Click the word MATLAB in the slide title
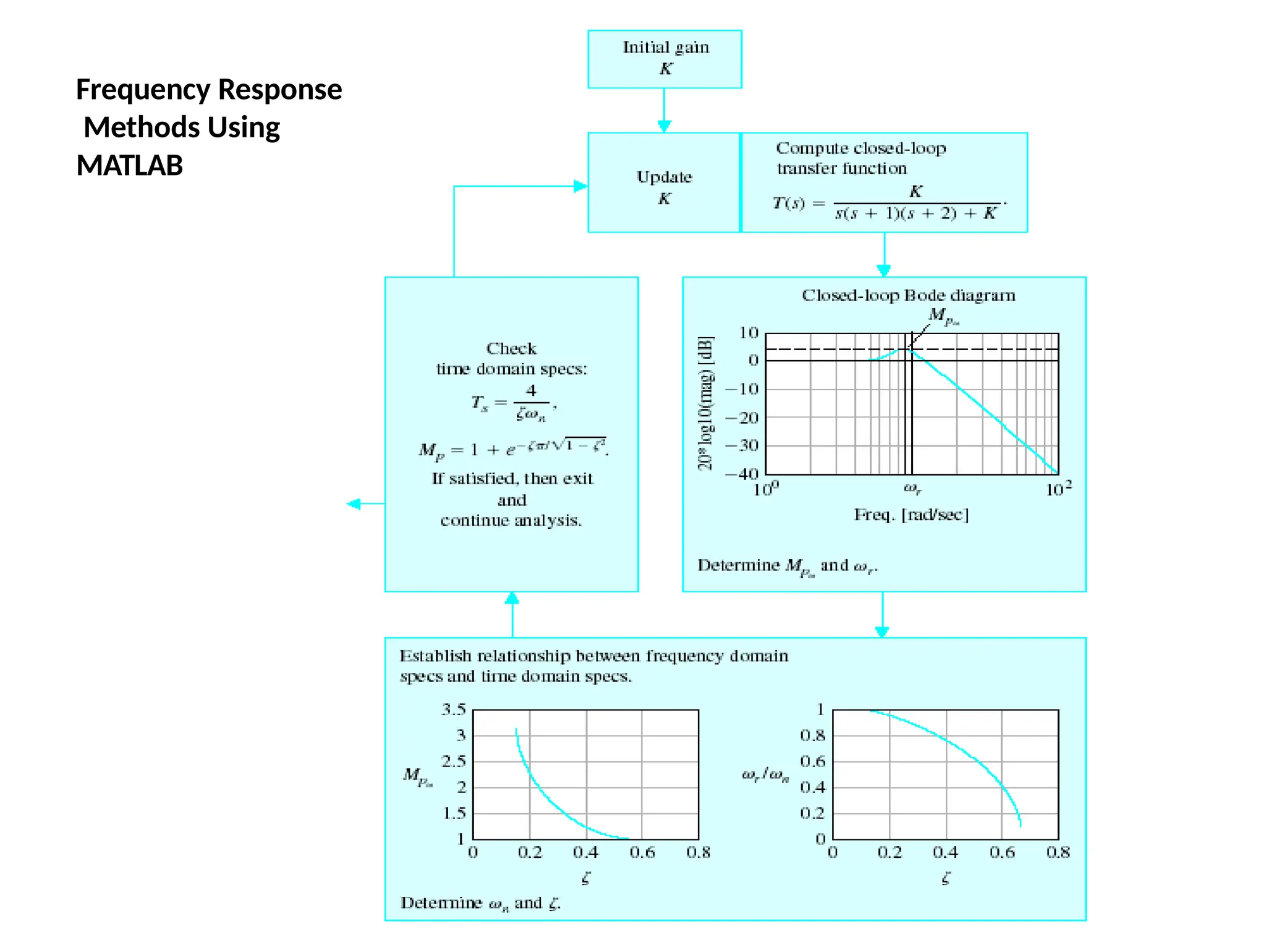pyautogui.click(x=130, y=166)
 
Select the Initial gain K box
pyautogui.click(x=665, y=59)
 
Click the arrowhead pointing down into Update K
pyautogui.click(x=664, y=126)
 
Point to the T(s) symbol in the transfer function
pyautogui.click(x=789, y=203)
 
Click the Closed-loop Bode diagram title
pyautogui.click(x=908, y=296)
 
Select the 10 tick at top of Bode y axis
pyautogui.click(x=749, y=333)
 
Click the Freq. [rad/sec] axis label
pyautogui.click(x=911, y=515)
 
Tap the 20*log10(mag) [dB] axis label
pyautogui.click(x=706, y=403)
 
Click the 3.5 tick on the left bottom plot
pyautogui.click(x=453, y=709)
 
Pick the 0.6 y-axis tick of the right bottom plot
pyautogui.click(x=812, y=761)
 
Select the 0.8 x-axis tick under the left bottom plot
pyautogui.click(x=699, y=852)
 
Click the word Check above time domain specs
pyautogui.click(x=511, y=349)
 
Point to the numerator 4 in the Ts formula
pyautogui.click(x=531, y=390)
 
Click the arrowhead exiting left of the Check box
pyautogui.click(x=354, y=504)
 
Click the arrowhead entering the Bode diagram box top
pyautogui.click(x=884, y=270)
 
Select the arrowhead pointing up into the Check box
pyautogui.click(x=512, y=598)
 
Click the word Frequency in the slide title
pyautogui.click(x=143, y=90)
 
